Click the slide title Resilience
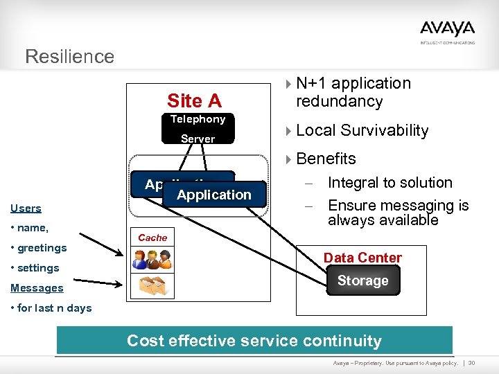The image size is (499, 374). coord(69,56)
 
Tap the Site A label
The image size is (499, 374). coord(194,101)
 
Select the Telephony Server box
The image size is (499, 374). coord(198,129)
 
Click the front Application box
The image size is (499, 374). coord(214,195)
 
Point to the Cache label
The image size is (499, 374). coord(152,238)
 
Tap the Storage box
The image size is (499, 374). coord(362,280)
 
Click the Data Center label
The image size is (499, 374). coord(362,258)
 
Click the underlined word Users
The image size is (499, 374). coord(26,208)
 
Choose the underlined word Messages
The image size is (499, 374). coord(37,287)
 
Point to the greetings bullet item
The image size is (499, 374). coord(39,247)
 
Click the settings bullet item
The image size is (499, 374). coord(35,267)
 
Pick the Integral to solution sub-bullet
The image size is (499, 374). coord(389,183)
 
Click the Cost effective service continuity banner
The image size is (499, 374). coord(254,341)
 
